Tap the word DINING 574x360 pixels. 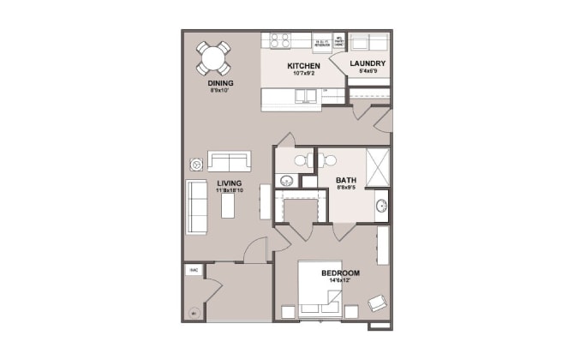[220, 82]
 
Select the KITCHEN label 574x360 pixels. [303, 66]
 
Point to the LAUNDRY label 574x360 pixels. [368, 63]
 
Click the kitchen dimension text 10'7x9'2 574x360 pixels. [303, 75]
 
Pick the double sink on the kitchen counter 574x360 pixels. [306, 95]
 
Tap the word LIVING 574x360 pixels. [229, 183]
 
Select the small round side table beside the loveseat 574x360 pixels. [196, 163]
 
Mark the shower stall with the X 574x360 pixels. [377, 163]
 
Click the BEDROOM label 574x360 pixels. [340, 273]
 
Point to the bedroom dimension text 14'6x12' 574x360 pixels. [340, 281]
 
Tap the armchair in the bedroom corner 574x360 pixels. [376, 302]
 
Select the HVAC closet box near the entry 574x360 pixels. [194, 270]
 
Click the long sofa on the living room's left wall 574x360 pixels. [197, 207]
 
